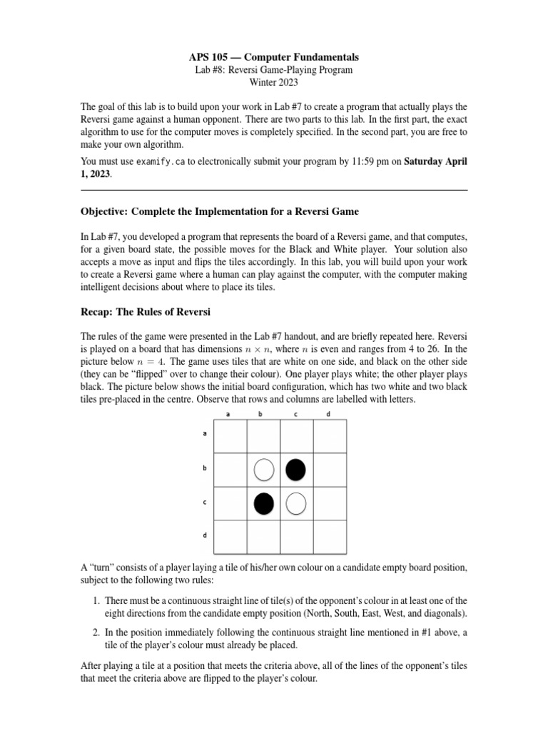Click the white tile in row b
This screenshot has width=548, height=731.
264,470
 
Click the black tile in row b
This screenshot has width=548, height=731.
296,470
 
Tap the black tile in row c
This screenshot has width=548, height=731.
264,503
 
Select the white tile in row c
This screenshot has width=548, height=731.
296,503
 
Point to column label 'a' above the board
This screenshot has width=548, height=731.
228,414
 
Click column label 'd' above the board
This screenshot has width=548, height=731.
328,414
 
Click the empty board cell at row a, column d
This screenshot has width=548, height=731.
330,436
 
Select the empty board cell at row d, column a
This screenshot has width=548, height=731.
230,536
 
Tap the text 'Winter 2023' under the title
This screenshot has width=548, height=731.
274,83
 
